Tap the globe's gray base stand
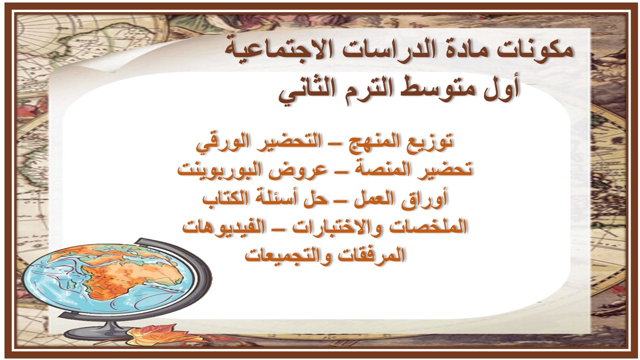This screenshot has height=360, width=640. coord(100,331)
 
